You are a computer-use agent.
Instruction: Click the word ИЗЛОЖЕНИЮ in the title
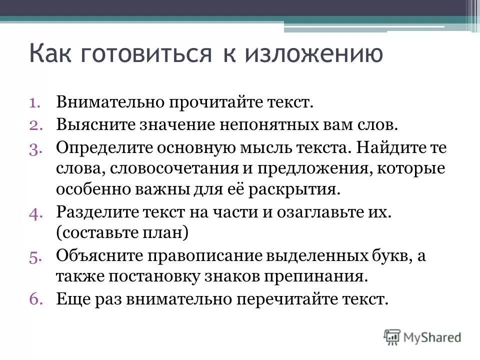[x=313, y=54]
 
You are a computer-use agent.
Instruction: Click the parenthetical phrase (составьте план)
[x=122, y=233]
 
